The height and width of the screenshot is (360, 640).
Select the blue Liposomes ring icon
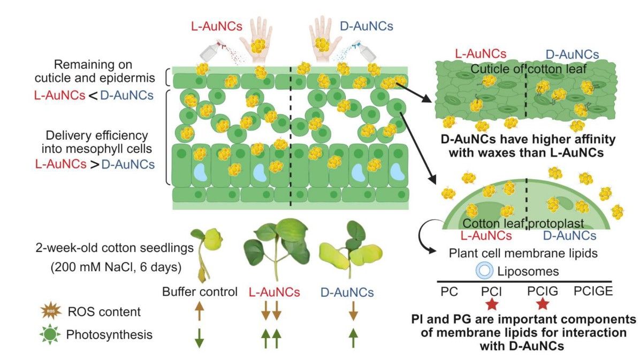(484, 271)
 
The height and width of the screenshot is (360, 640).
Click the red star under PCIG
(543, 304)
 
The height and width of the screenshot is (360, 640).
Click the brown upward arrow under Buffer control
(199, 311)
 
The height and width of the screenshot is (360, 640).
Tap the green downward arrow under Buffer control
(199, 336)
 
